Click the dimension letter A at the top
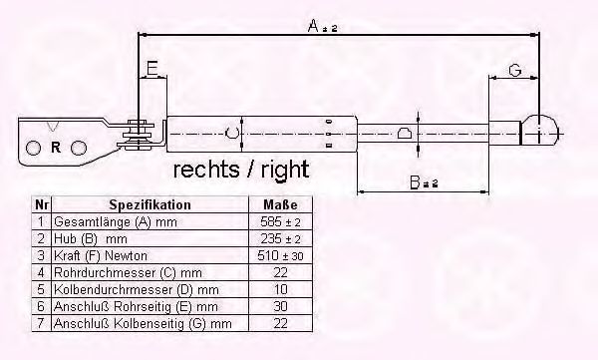tap(313, 26)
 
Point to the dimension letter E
tap(152, 69)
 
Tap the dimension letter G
tap(515, 70)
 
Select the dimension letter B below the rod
tap(415, 182)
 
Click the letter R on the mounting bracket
tap(56, 148)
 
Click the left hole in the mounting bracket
tap(33, 148)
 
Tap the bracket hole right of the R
tap(79, 148)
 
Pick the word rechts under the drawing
tap(206, 170)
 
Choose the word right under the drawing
tap(285, 170)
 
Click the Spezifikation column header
tap(149, 205)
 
